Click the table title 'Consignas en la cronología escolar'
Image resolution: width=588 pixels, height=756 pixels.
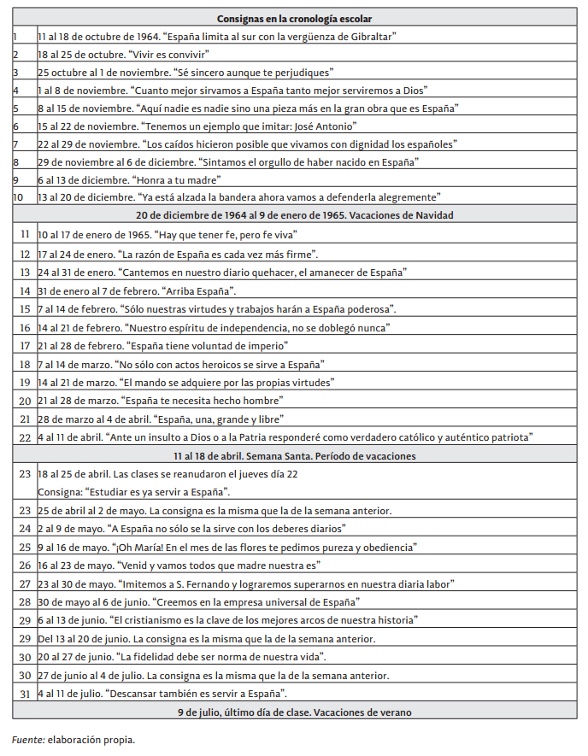(x=294, y=18)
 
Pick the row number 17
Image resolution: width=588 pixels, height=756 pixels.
(x=24, y=346)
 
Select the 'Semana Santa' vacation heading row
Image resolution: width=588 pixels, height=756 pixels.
(x=294, y=455)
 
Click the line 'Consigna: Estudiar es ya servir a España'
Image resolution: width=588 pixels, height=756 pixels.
(x=133, y=492)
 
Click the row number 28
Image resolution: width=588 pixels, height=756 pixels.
(x=24, y=602)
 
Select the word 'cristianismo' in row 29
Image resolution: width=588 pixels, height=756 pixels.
(x=146, y=620)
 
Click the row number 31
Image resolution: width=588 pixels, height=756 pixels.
(x=24, y=693)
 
